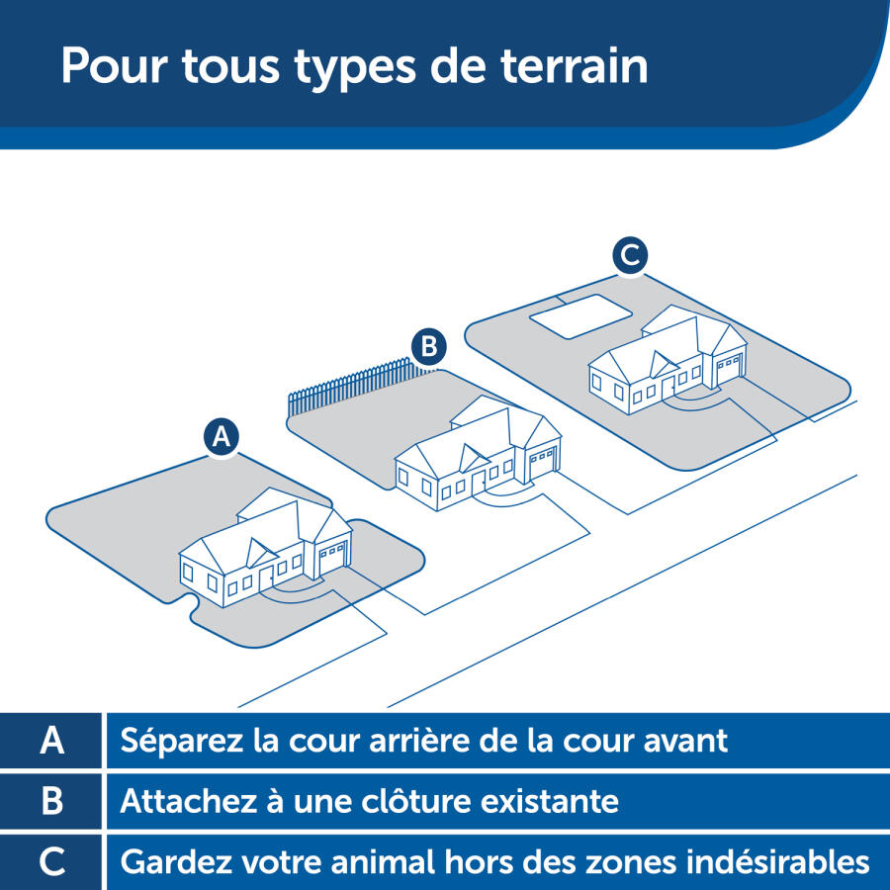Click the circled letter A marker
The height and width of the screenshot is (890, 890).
(x=222, y=436)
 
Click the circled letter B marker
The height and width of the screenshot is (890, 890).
(x=429, y=346)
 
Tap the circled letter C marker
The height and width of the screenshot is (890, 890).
(x=629, y=255)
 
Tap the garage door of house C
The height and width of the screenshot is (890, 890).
(x=729, y=368)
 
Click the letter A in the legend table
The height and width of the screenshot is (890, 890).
(x=52, y=741)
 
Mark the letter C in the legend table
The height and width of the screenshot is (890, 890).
(x=52, y=861)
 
